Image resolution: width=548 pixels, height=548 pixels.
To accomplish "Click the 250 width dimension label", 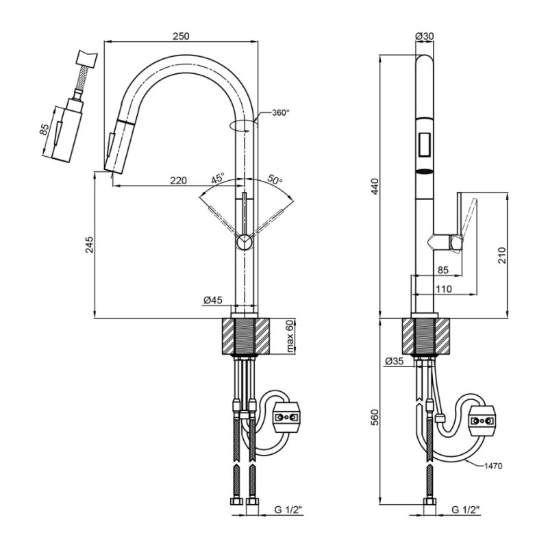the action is coord(181,36).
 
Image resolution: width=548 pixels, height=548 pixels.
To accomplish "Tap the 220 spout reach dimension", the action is coord(178,180).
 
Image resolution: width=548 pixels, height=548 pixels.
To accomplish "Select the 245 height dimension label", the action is coord(90,245).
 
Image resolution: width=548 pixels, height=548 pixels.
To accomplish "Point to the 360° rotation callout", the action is coord(281,112).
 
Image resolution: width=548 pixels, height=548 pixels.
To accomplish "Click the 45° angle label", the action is coord(217,178).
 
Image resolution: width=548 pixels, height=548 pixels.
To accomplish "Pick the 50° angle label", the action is coord(275,179).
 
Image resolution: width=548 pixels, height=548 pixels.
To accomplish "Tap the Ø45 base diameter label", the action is coord(212,300).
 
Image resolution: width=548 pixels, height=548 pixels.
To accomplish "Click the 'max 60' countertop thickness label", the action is coord(290,336).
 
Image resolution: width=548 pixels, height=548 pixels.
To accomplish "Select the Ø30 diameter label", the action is coord(424,36).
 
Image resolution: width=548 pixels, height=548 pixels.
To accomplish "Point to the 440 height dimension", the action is coord(375,186).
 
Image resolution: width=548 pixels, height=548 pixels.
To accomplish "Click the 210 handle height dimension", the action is coord(502,255).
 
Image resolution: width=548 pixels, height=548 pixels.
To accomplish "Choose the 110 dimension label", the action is coord(444,288).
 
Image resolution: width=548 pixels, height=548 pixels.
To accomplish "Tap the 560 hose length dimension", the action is coord(375,417).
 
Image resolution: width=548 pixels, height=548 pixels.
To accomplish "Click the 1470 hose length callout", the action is coord(493,466).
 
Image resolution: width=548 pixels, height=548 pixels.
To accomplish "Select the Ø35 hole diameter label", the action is coord(395,361).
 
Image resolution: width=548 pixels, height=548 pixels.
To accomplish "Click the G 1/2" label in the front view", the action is coord(288,510).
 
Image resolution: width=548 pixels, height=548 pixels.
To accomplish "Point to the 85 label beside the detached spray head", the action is coord(44,130).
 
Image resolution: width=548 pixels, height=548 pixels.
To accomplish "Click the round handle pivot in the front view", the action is coord(244,242).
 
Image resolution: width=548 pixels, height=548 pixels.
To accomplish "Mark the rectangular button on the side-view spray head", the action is coord(425,144).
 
